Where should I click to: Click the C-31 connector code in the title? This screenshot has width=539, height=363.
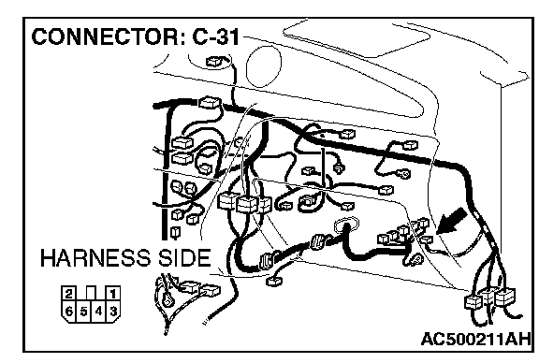coord(215,36)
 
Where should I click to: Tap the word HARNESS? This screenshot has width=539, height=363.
coord(95,258)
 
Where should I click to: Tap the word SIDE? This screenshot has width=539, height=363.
coord(184,258)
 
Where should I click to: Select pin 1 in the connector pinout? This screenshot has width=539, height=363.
coord(112,294)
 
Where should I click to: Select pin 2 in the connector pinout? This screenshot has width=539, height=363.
coord(69,294)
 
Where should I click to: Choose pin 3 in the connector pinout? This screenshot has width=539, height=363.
coord(113,312)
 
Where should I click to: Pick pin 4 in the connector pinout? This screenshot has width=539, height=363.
coord(98,312)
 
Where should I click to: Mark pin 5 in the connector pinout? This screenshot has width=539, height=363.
coord(84,312)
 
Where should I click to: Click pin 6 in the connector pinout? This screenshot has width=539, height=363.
coord(69,312)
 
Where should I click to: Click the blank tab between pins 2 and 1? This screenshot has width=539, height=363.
coord(91,293)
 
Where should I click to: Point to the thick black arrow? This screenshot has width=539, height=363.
coord(451,222)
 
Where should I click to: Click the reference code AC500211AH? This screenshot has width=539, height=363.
coord(475,340)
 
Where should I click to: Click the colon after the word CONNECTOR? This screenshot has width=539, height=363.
coord(182,38)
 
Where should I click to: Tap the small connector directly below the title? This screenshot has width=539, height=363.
coord(213,62)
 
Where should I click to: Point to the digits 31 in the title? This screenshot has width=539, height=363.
coord(228,36)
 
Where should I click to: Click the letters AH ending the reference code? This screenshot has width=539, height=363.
coord(518,340)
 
